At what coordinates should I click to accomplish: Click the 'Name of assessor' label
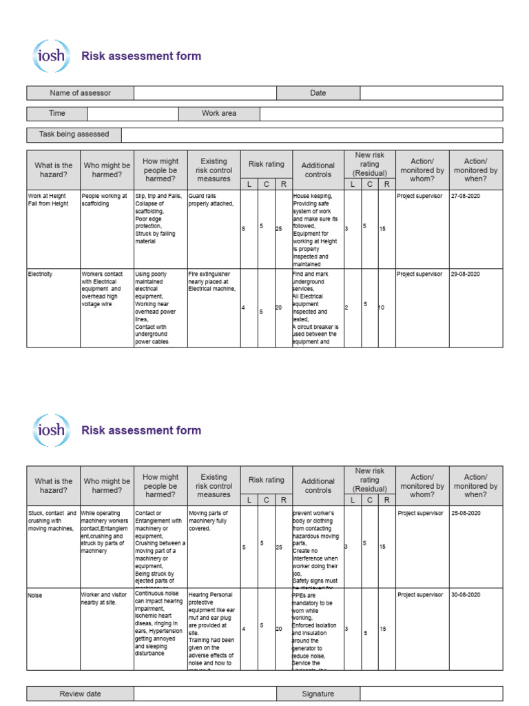tap(80, 93)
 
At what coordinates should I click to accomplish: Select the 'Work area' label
tap(219, 114)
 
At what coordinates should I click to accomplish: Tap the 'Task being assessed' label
tap(74, 134)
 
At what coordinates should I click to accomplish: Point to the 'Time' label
tap(56, 114)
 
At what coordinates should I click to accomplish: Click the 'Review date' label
tap(80, 694)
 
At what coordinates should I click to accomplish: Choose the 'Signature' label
tap(318, 694)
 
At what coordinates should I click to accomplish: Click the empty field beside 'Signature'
tap(431, 694)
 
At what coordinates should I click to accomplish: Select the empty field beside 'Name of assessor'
tap(205, 93)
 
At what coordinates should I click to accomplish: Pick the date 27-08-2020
tap(466, 196)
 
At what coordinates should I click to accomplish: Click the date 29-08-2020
tap(466, 274)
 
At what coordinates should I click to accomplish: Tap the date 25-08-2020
tap(466, 514)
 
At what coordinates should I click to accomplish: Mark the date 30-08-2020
tap(466, 595)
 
